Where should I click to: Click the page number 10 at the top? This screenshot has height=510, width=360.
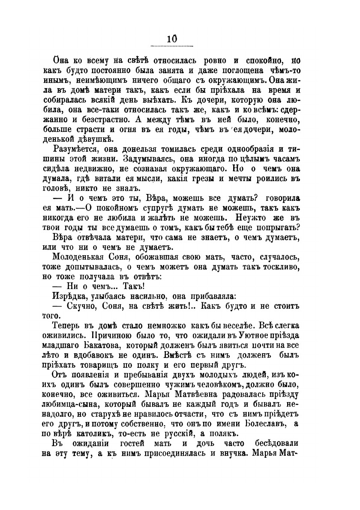(x=172, y=38)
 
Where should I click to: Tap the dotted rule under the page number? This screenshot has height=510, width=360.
(x=172, y=45)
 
